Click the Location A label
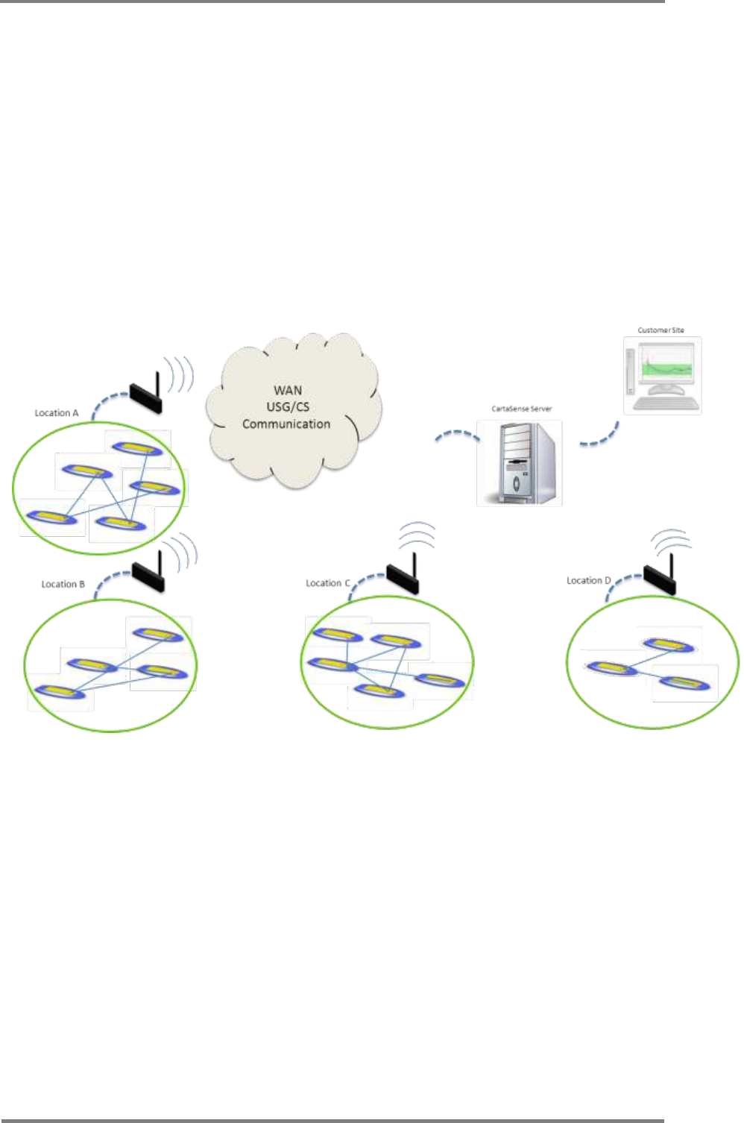tap(57, 412)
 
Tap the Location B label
tap(63, 584)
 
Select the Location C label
tap(327, 582)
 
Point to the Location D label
tap(588, 580)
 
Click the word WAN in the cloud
tap(288, 390)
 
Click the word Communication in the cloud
tap(286, 424)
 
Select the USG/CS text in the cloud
tap(288, 406)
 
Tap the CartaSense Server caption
tap(521, 409)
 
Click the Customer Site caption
tap(661, 330)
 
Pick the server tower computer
tap(520, 463)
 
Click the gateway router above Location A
tap(146, 396)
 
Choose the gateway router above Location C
tap(403, 576)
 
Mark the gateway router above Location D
tap(660, 577)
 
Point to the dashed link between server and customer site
tap(601, 436)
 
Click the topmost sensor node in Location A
tap(137, 448)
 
